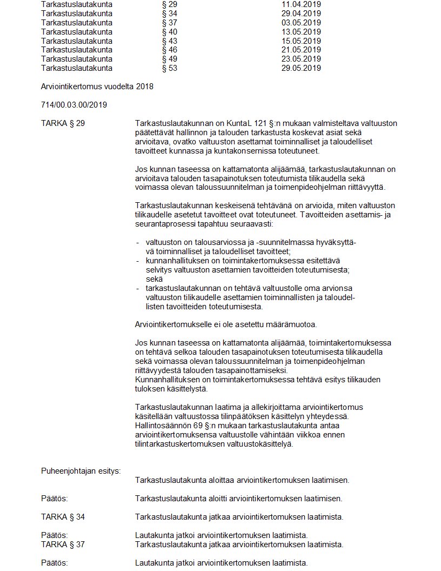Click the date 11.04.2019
(x=301, y=4)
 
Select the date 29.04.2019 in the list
(x=301, y=14)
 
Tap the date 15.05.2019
(x=301, y=41)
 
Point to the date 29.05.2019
(x=301, y=68)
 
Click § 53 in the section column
(x=170, y=68)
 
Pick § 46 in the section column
(x=170, y=50)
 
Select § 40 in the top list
(x=170, y=32)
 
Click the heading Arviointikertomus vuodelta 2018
(x=97, y=87)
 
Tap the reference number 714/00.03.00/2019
(x=74, y=105)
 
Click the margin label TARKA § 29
(x=63, y=123)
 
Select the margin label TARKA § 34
(x=63, y=517)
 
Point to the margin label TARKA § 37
(x=63, y=544)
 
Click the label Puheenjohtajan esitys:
(x=81, y=470)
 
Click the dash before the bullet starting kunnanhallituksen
(x=138, y=261)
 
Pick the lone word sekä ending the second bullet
(x=154, y=278)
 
